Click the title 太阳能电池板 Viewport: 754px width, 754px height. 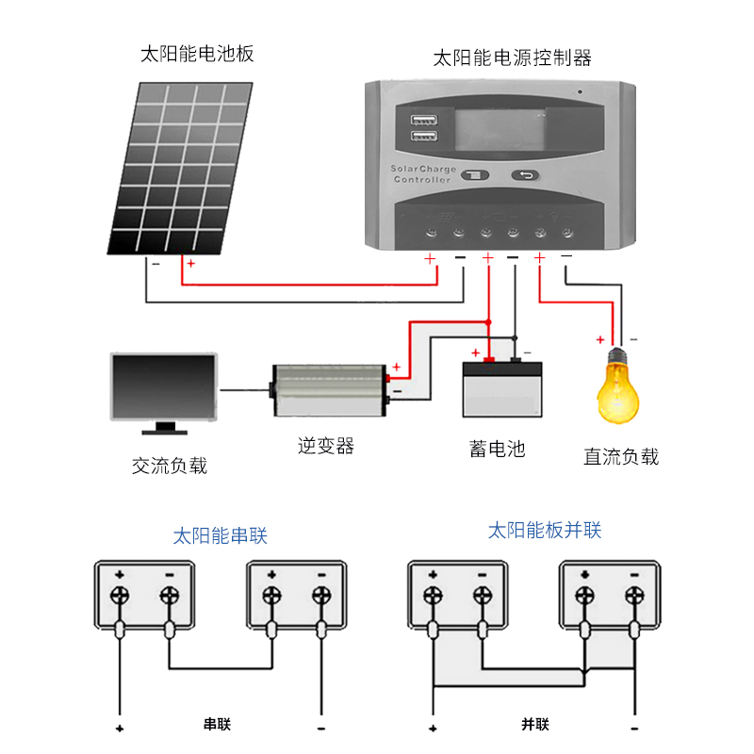click(197, 54)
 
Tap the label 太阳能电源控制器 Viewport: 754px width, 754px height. click(512, 58)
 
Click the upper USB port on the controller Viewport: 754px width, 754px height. click(423, 120)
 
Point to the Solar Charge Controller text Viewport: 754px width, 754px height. click(422, 174)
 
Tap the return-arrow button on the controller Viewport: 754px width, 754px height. click(525, 175)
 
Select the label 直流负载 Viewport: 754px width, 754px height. click(621, 456)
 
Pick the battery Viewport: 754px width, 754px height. click(502, 388)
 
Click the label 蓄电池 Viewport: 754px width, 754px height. click(498, 449)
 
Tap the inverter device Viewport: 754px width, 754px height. click(329, 390)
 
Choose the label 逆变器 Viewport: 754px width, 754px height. click(325, 446)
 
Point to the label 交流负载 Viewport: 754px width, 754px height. click(170, 466)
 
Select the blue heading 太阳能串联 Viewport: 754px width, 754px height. click(220, 535)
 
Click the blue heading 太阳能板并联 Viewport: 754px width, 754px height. click(545, 531)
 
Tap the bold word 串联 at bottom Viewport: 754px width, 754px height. click(217, 724)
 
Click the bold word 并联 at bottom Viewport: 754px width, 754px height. click(535, 724)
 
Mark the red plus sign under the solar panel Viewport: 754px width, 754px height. click(191, 264)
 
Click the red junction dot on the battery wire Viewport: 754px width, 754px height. click(488, 322)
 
